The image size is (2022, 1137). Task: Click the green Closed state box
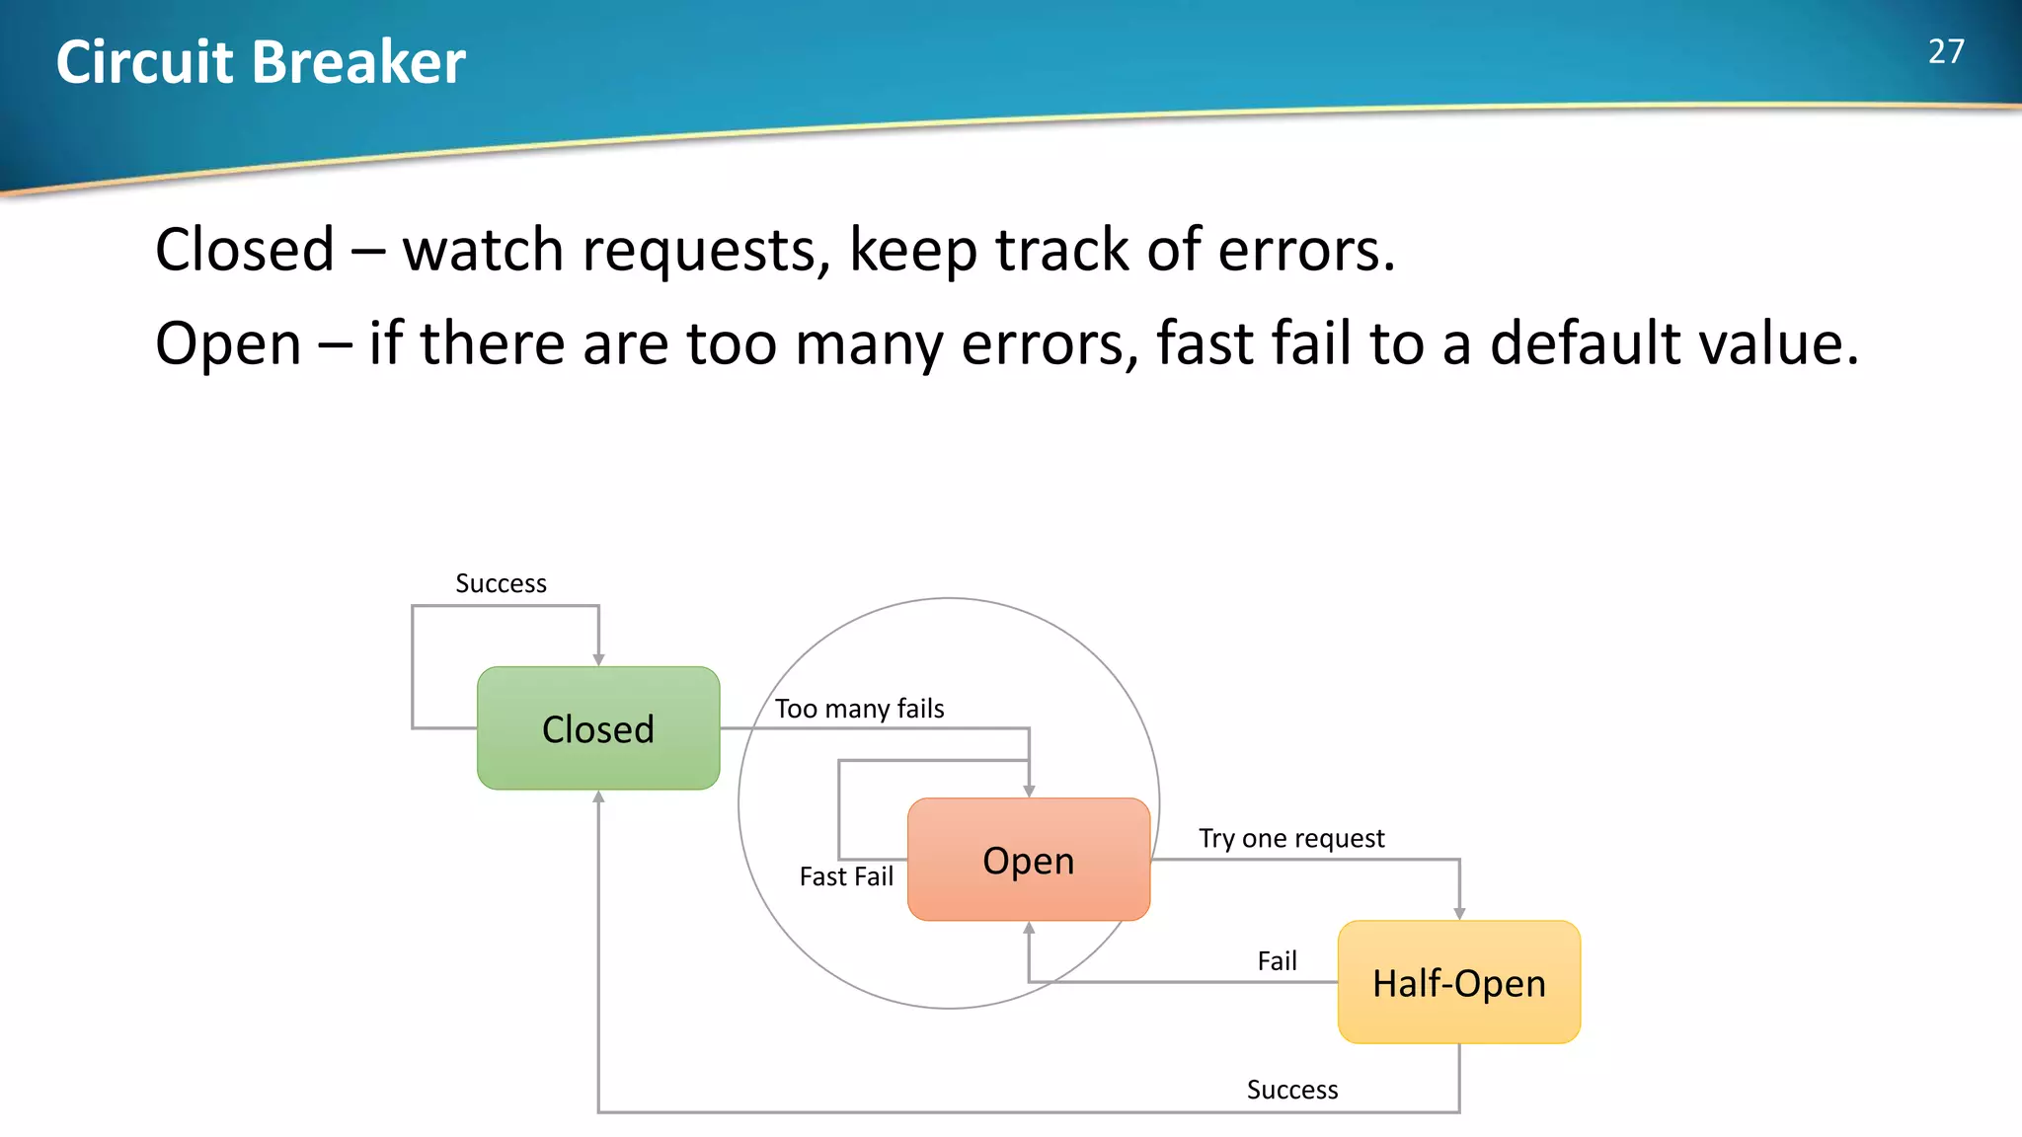pos(598,728)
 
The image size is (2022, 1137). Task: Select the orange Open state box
pos(1029,860)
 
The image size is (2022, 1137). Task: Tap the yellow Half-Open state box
pos(1458,982)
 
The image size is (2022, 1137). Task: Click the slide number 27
pos(1946,52)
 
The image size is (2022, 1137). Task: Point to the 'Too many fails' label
pos(859,709)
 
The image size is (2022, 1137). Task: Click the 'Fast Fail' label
pos(846,876)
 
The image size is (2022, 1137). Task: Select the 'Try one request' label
pos(1291,838)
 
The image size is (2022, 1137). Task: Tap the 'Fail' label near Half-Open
pos(1277,960)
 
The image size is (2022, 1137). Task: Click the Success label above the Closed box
pos(501,583)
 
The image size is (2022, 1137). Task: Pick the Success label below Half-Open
pos(1291,1090)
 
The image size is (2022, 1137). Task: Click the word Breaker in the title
pos(358,62)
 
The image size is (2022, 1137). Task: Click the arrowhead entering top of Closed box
pos(598,659)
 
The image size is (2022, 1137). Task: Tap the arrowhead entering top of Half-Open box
pos(1459,914)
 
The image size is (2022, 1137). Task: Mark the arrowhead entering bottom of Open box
pos(1029,928)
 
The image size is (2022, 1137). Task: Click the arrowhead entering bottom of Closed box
pos(598,796)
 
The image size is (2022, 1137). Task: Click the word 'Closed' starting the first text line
pos(245,250)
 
